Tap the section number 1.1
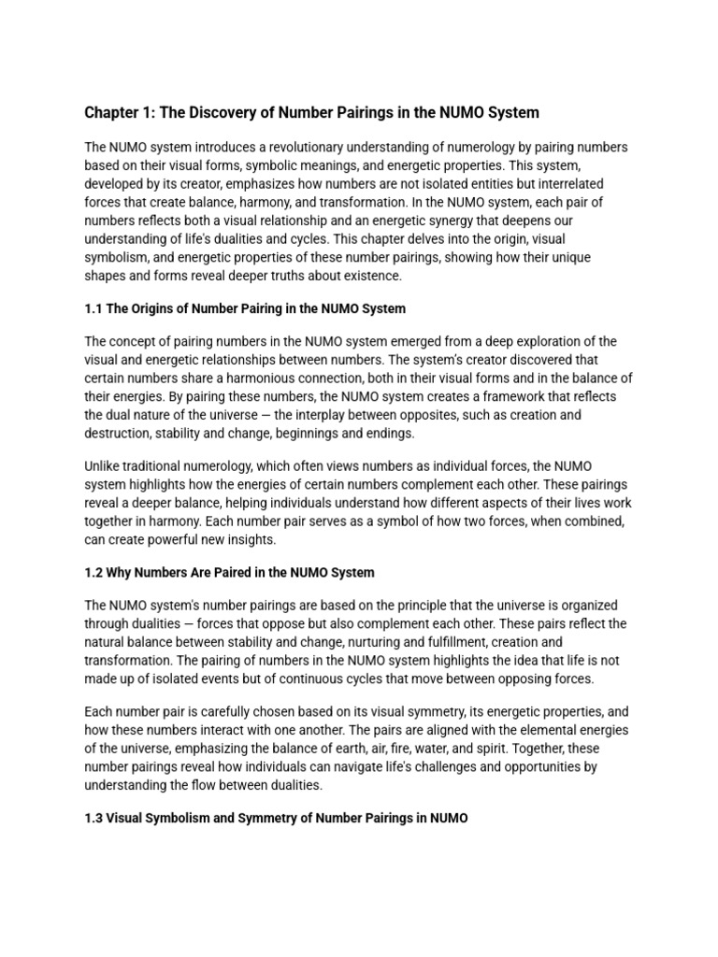tap(93, 308)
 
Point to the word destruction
tap(117, 433)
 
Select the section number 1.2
tap(93, 572)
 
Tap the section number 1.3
tap(93, 818)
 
